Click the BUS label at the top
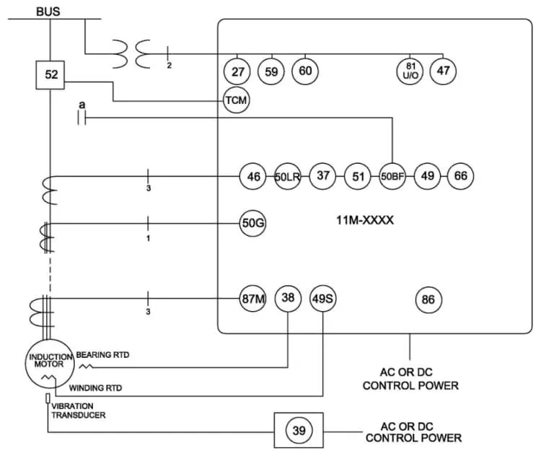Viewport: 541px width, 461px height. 48,12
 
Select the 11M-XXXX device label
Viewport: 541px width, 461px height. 365,220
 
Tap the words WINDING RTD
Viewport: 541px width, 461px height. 95,388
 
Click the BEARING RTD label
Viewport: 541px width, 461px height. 102,355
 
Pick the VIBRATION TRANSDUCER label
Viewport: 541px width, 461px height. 79,410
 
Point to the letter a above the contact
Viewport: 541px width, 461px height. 82,105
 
